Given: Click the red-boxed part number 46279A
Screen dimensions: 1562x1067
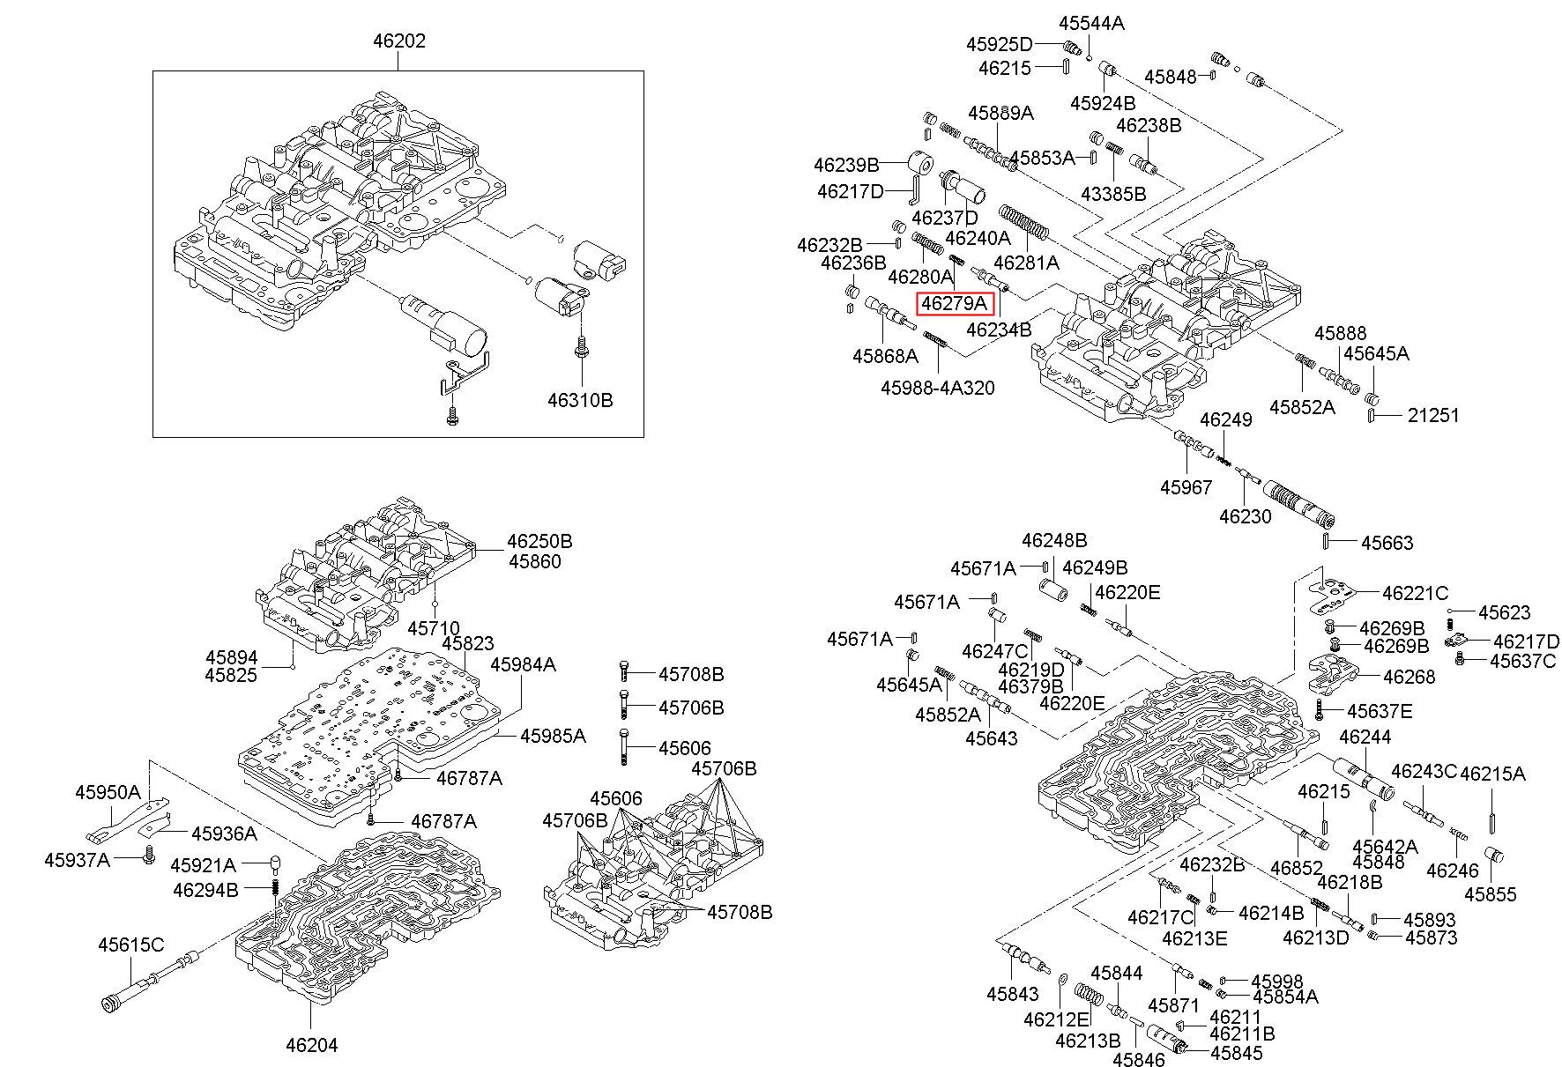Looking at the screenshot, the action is coord(956,304).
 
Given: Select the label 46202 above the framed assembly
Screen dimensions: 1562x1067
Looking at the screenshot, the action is coord(398,41).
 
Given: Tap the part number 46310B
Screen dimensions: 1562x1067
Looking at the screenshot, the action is coord(580,400).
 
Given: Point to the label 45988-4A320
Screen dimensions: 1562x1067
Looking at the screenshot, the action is coord(938,387).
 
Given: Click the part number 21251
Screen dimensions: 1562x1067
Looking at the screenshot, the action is coord(1433,414).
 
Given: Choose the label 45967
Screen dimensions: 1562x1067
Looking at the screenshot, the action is coord(1186,487).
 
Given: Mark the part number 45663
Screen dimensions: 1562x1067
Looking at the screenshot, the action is coord(1387,543).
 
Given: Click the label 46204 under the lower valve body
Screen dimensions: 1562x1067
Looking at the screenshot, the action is coord(311,1046).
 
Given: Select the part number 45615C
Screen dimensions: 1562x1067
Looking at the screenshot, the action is coord(130,945).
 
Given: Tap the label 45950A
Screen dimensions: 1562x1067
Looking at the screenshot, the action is coord(108,792).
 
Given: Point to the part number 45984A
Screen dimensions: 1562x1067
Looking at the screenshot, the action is coord(524,664).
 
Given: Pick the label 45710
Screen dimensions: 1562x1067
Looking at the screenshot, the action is coord(434,628).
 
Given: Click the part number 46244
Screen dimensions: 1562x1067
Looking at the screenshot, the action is coord(1365,737).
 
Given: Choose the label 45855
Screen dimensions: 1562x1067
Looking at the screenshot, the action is coord(1491,895).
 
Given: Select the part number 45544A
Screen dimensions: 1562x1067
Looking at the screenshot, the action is coord(1091,24).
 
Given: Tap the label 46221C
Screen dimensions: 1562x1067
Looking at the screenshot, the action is coord(1416,593).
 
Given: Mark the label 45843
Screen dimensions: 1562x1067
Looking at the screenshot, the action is coord(1013,994).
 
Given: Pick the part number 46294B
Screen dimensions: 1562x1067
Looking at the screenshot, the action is coord(205,890).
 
